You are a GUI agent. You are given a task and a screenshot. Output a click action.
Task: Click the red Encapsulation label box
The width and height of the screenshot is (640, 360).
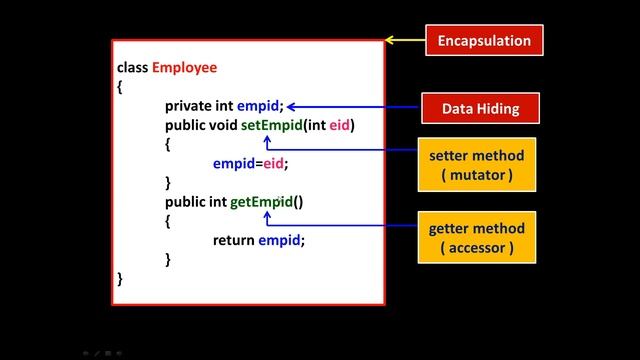(484, 41)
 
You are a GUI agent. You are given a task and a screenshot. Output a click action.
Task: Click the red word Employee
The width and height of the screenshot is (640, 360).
(184, 68)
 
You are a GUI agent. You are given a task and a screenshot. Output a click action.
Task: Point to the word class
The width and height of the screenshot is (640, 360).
(132, 68)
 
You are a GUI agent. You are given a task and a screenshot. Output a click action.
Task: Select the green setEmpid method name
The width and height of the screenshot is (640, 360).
(268, 125)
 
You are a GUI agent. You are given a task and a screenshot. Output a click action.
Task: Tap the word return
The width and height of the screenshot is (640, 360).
(234, 240)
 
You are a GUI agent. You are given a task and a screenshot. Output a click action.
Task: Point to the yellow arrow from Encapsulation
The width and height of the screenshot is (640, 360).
(404, 41)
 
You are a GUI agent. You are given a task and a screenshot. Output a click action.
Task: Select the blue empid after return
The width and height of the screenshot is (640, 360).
(280, 240)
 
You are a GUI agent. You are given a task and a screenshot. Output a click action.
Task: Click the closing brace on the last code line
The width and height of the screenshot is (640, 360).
(120, 278)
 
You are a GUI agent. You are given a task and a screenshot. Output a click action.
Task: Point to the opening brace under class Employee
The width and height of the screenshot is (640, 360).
(120, 87)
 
